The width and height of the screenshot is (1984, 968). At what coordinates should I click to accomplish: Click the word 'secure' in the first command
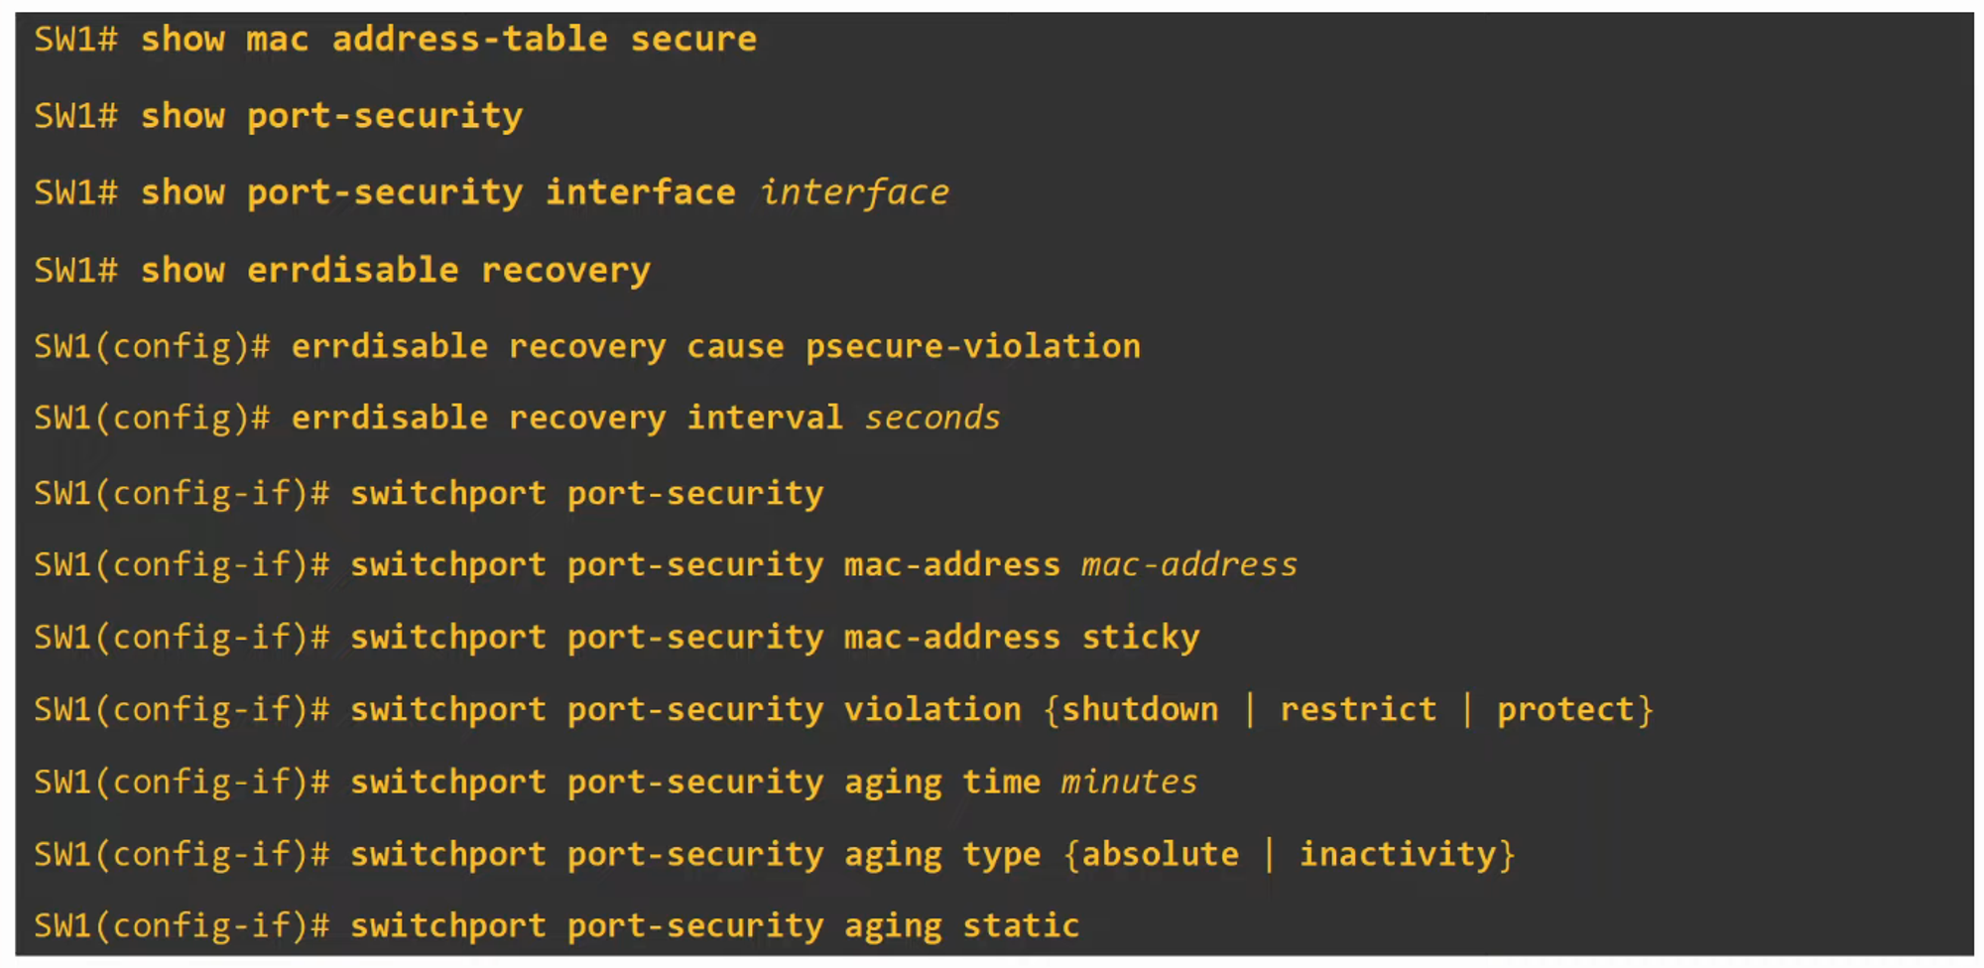click(693, 40)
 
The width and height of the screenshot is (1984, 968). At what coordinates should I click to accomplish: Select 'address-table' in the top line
click(469, 40)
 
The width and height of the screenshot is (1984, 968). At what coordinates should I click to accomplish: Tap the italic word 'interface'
click(854, 192)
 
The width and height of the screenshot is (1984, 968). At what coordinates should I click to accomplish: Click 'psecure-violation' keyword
click(972, 346)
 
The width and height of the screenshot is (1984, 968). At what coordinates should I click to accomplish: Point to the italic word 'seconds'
click(932, 418)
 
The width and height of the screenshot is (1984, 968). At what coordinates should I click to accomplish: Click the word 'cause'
click(735, 346)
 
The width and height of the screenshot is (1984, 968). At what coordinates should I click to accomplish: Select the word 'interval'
click(765, 418)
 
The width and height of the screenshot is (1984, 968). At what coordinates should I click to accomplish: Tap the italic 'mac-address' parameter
click(1188, 564)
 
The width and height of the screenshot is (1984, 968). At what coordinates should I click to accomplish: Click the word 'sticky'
click(1140, 637)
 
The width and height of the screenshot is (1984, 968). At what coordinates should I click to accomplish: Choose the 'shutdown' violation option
click(1140, 709)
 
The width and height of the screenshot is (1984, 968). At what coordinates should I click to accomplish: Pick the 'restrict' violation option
click(1357, 709)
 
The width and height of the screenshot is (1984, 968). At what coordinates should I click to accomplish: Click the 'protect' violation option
click(1564, 709)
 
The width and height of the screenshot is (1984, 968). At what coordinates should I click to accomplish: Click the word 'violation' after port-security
click(931, 709)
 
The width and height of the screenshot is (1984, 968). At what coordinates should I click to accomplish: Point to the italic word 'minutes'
click(1129, 782)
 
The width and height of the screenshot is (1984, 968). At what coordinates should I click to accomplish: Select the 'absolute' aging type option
click(1160, 854)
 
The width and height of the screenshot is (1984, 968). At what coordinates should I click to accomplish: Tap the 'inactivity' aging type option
click(1397, 854)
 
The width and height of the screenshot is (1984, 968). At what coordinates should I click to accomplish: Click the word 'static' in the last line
click(1021, 925)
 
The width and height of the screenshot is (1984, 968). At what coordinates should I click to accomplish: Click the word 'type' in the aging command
click(1001, 854)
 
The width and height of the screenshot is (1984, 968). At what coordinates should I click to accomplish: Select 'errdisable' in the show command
click(352, 270)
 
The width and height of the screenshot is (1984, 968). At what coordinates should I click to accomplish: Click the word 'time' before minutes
click(1001, 782)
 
